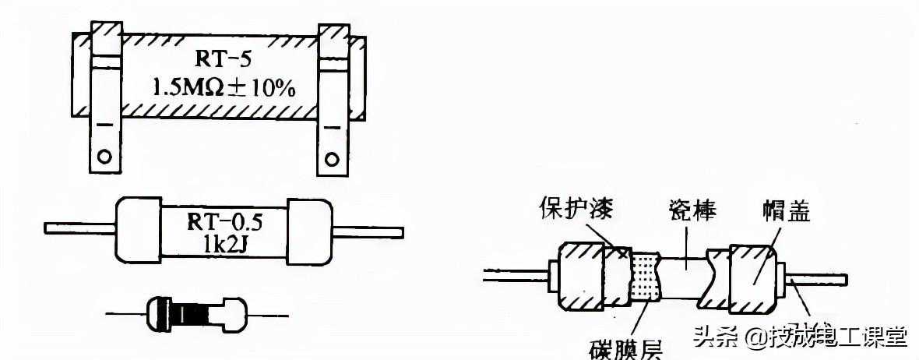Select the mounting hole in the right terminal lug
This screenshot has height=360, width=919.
coord(332,160)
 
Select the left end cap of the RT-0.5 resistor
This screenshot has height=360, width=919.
coord(139,231)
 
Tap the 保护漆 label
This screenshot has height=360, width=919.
coord(576,209)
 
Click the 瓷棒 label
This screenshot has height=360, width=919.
coord(692,208)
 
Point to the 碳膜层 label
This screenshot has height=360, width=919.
coord(622,348)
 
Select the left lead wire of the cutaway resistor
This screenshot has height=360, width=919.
coord(514,274)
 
